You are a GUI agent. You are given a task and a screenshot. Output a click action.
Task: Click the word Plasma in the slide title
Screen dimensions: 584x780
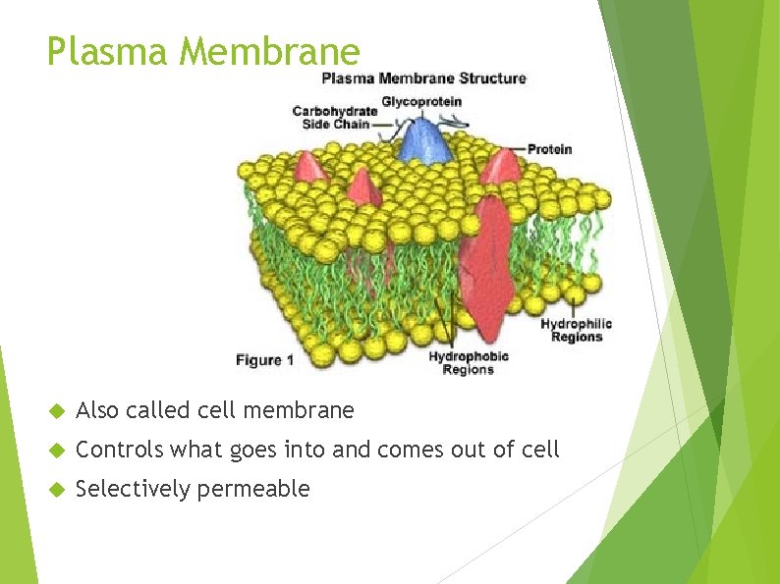coord(107,51)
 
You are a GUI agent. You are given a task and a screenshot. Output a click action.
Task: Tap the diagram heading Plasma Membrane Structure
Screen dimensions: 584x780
coord(424,79)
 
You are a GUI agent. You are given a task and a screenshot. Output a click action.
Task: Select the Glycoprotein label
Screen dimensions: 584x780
coord(421,101)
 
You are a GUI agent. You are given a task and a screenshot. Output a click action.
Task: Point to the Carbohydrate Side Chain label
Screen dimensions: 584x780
coord(334,117)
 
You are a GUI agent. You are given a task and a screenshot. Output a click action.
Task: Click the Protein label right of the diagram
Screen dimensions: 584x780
coord(549,149)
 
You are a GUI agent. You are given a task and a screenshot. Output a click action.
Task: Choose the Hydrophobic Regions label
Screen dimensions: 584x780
coord(469,363)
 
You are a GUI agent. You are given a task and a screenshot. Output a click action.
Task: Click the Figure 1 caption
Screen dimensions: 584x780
coord(264,360)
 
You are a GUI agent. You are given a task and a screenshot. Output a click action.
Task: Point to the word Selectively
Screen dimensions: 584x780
coord(133,489)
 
